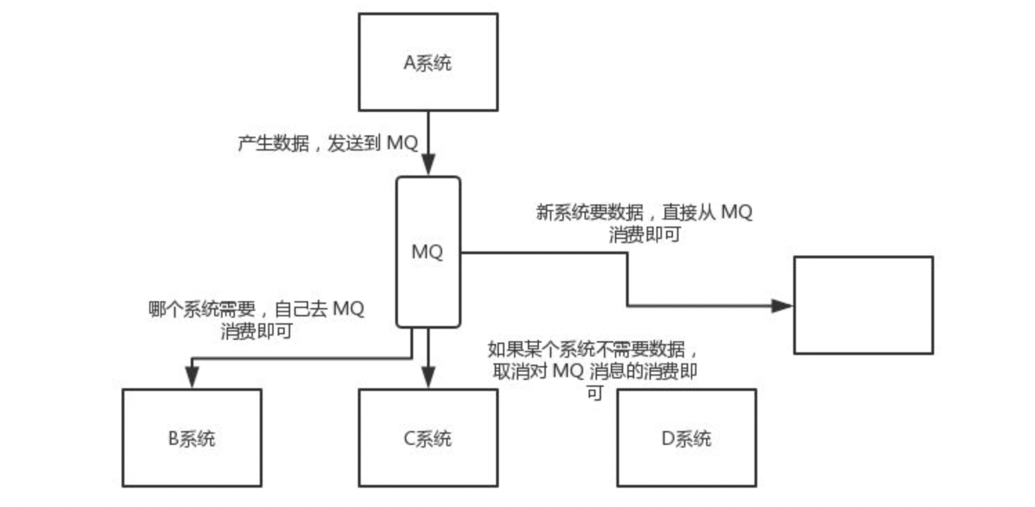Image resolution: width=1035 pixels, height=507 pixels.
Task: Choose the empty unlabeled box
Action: pos(863,305)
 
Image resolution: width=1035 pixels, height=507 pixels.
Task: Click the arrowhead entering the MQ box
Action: pos(428,166)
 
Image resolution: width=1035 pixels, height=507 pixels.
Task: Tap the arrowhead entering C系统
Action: pos(428,377)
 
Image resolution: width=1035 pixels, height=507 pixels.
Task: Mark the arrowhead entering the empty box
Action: pos(782,305)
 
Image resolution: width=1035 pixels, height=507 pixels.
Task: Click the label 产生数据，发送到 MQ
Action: pos(328,144)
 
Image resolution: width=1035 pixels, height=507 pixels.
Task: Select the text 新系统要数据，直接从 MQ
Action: pos(644,212)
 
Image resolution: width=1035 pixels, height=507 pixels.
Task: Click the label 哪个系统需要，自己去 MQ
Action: pos(256,308)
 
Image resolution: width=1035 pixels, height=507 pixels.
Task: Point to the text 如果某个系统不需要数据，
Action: pos(597,349)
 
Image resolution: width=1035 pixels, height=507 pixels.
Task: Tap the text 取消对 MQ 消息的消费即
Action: pos(594,372)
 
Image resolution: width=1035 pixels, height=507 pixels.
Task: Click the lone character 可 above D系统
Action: pos(594,394)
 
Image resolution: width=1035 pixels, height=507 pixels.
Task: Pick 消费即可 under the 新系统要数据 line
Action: pos(644,235)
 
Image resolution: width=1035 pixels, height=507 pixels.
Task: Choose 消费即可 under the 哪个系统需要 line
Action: pos(256,331)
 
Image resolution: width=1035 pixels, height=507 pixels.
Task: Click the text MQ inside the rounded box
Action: pos(428,252)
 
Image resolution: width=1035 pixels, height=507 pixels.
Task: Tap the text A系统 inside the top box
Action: pos(428,64)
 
